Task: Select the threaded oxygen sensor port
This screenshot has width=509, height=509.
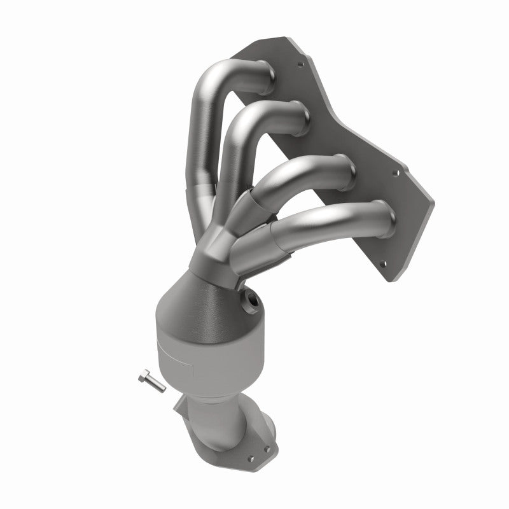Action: click(x=250, y=300)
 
